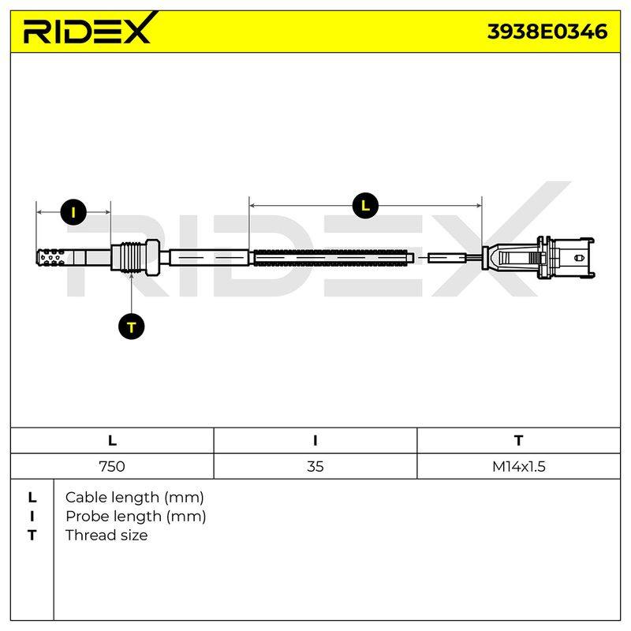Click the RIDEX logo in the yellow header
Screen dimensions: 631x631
(91, 28)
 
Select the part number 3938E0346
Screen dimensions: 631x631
(547, 32)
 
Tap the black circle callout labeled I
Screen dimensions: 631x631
(73, 212)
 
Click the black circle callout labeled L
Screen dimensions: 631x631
(365, 206)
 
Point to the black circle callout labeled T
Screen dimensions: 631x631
(132, 327)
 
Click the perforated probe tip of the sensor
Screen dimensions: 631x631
(51, 258)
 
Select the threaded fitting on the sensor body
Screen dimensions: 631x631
(129, 258)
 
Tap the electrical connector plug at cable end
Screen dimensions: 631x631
(538, 258)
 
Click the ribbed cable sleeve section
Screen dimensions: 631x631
(334, 258)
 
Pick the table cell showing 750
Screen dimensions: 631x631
(112, 466)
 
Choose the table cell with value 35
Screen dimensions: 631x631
(315, 466)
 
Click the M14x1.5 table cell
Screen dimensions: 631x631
(519, 466)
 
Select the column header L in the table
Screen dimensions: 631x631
(112, 441)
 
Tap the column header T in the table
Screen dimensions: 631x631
(519, 441)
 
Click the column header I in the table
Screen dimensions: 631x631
(315, 441)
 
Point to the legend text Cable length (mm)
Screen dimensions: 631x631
(134, 498)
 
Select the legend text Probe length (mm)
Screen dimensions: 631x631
(136, 517)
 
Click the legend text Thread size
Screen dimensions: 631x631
(106, 536)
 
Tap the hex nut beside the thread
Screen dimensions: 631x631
(152, 258)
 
